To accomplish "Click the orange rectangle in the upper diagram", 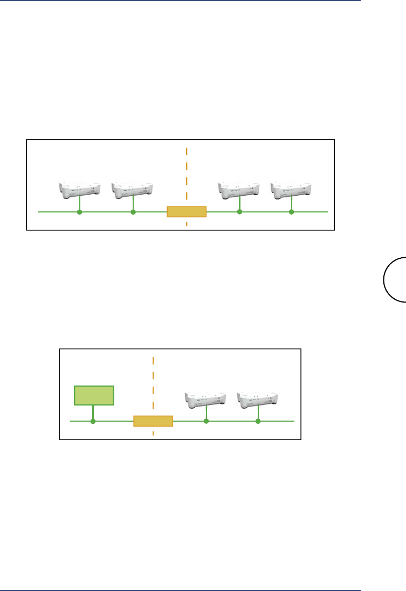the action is click(x=187, y=211).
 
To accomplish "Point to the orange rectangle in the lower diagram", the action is click(x=153, y=421).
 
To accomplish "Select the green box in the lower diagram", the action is click(x=94, y=395).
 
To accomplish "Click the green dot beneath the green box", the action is click(x=93, y=421).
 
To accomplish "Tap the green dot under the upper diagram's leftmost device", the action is click(x=80, y=212).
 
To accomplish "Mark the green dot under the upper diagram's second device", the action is click(x=133, y=212).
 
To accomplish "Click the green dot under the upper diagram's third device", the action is click(x=239, y=212).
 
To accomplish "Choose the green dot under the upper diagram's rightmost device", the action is click(x=292, y=212).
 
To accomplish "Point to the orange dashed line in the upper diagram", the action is click(x=187, y=173).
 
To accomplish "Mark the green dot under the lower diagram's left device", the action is click(x=206, y=421).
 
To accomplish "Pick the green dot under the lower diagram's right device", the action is click(x=258, y=421).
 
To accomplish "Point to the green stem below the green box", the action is click(x=93, y=412).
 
